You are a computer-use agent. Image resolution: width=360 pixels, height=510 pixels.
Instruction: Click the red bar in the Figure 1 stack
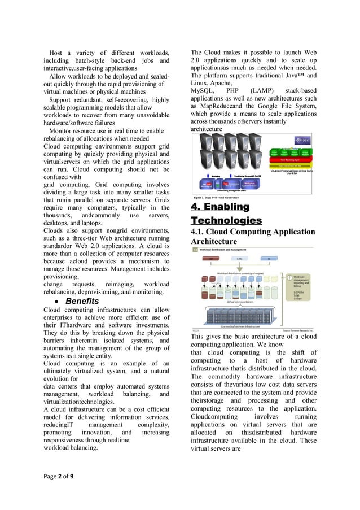click(290, 159)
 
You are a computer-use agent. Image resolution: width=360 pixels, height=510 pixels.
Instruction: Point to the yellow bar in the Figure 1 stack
click(290, 165)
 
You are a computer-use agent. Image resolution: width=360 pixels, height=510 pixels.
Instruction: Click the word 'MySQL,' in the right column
click(203, 91)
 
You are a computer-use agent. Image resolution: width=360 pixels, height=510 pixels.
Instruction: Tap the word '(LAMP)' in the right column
click(264, 91)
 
